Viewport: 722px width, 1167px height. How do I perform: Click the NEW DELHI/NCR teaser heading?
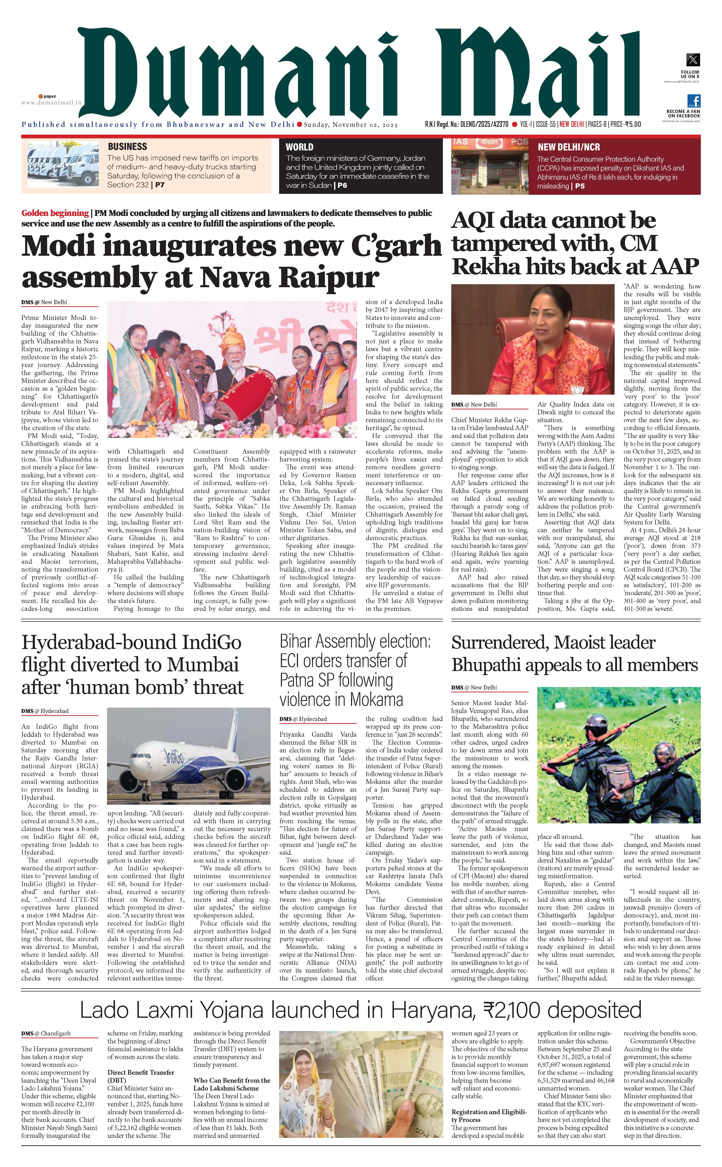coord(568,147)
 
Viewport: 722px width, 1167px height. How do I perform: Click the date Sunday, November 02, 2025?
coord(350,125)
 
